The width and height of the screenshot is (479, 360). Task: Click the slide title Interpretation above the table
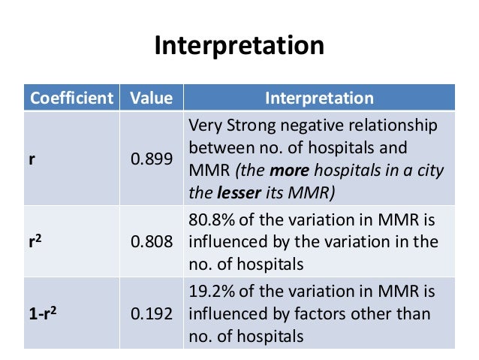pos(239,47)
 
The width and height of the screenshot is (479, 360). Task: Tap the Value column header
pos(151,98)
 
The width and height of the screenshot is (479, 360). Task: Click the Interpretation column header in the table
pos(319,98)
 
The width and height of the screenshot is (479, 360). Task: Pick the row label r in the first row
pos(32,159)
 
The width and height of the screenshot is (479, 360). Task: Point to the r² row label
pos(36,242)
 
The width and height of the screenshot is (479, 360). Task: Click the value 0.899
pos(151,159)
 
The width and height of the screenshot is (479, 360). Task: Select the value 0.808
pos(151,242)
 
